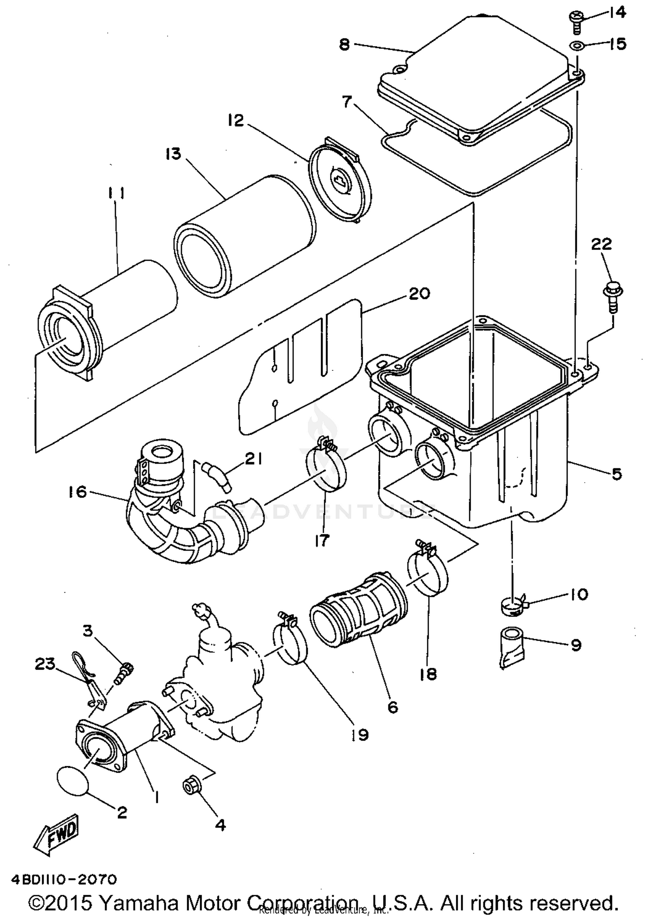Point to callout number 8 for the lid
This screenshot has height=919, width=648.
tap(344, 44)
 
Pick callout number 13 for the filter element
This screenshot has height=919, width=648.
tap(173, 154)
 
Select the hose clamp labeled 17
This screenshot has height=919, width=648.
tap(326, 469)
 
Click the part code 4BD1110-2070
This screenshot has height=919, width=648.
tap(64, 879)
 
